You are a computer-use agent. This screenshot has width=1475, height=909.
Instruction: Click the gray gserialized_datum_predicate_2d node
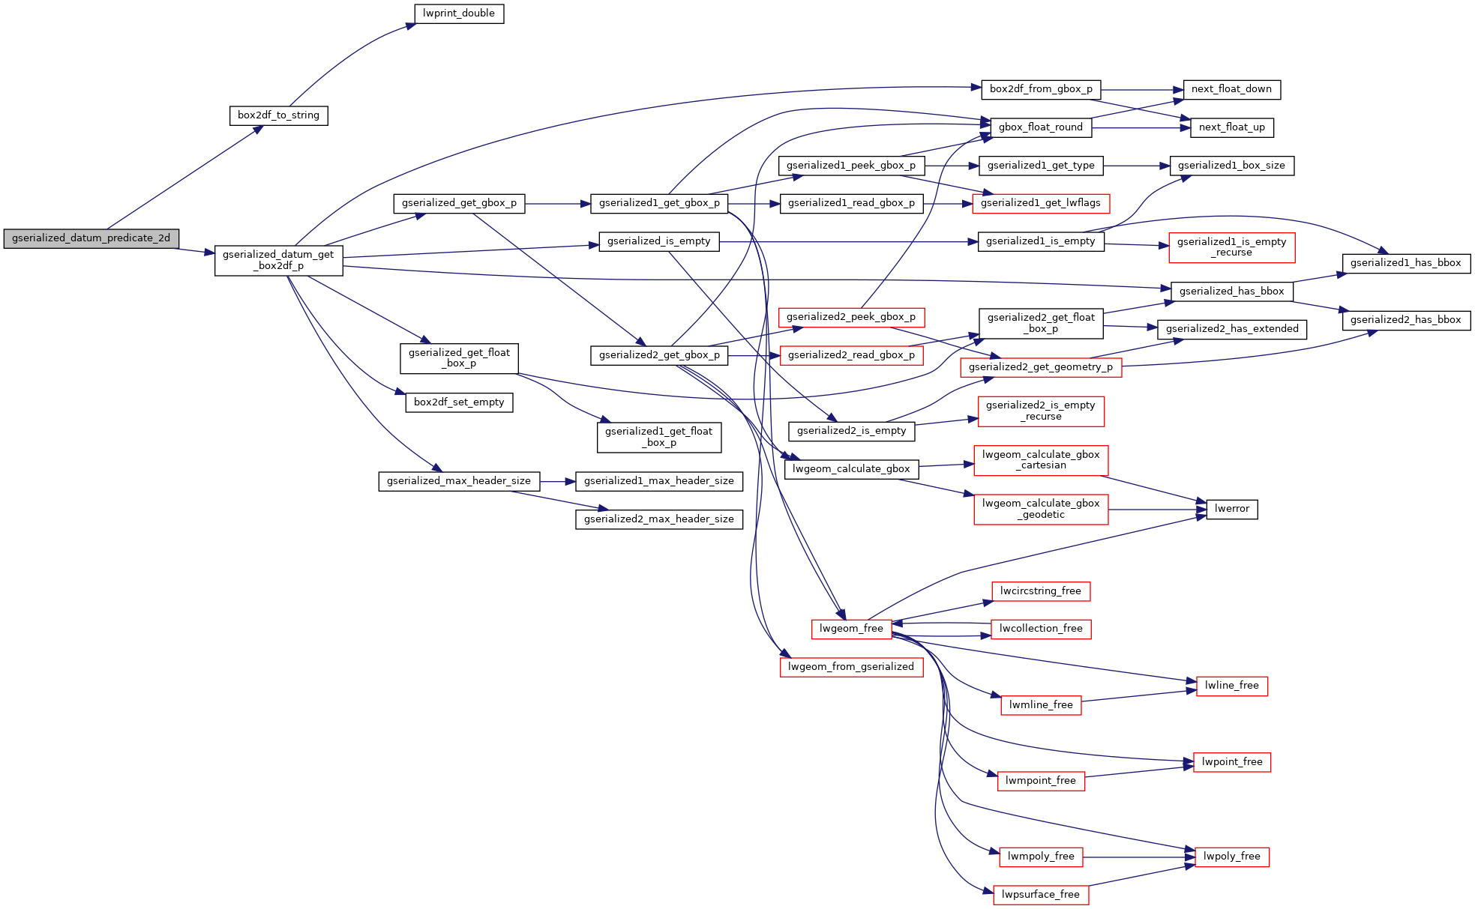[x=91, y=238]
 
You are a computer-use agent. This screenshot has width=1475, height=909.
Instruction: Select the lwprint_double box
[x=458, y=13]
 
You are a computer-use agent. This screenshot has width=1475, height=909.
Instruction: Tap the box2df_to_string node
[x=278, y=115]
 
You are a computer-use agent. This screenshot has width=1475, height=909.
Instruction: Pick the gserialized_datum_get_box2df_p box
[x=278, y=260]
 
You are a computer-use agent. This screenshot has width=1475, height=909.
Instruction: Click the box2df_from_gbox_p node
[x=1041, y=89]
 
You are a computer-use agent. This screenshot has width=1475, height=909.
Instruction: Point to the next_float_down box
[x=1231, y=89]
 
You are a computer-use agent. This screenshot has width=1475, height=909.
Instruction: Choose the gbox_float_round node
[x=1040, y=127]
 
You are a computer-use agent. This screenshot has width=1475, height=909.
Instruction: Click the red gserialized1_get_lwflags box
[x=1040, y=203]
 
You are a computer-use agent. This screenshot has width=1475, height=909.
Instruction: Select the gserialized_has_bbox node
[x=1231, y=292]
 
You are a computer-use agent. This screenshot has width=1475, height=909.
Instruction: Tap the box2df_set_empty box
[x=459, y=402]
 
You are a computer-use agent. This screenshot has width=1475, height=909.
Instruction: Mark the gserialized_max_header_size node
[x=458, y=481]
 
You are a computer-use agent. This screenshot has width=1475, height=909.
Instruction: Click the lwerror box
[x=1231, y=509]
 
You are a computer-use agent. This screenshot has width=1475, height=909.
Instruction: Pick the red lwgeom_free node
[x=851, y=629]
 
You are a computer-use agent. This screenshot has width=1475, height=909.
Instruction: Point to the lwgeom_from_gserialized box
[x=851, y=667]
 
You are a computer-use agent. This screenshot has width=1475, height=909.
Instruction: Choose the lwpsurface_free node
[x=1040, y=895]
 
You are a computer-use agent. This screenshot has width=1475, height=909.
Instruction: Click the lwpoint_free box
[x=1231, y=762]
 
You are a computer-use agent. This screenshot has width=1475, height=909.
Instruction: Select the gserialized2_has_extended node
[x=1231, y=329]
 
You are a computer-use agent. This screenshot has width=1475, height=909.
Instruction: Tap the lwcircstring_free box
[x=1040, y=591]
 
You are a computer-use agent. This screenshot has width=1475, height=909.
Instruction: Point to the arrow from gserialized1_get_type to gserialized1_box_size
[x=1136, y=166]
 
